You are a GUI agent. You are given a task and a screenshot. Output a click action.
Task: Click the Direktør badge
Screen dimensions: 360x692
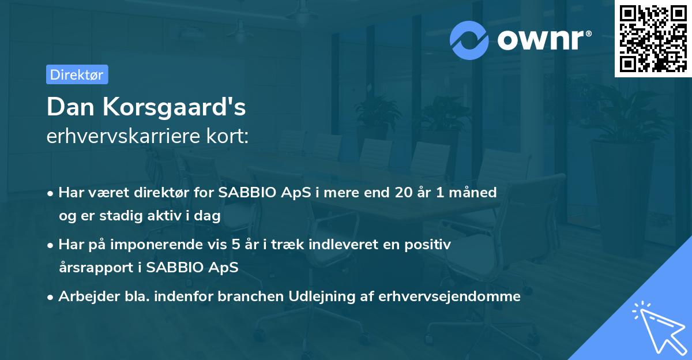77,74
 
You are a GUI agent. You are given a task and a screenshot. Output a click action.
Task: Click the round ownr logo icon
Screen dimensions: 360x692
469,40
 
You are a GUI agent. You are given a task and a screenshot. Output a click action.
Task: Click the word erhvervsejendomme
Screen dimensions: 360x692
450,297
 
